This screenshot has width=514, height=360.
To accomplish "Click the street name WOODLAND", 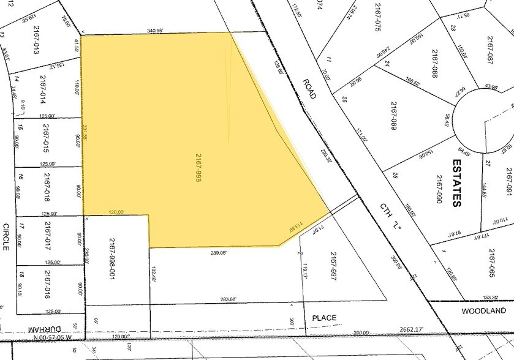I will tap(485, 311).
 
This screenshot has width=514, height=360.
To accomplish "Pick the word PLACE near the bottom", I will tap(324, 318).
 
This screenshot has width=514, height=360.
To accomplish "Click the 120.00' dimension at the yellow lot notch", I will tap(116, 212).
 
